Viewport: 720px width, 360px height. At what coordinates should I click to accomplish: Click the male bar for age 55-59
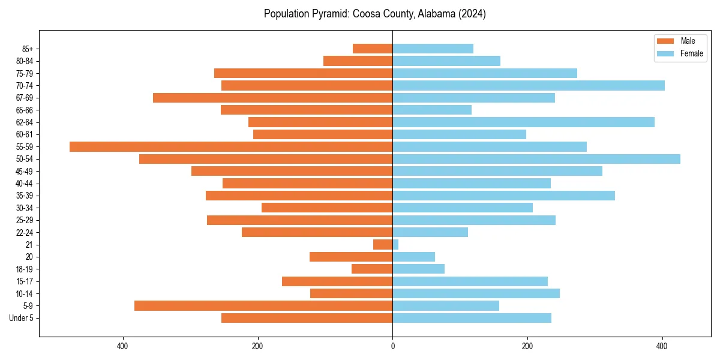click(x=231, y=146)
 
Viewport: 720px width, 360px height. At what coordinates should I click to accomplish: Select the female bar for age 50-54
click(x=536, y=159)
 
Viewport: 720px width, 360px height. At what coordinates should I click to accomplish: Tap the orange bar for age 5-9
click(x=263, y=305)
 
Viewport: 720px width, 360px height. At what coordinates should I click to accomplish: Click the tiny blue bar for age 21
click(x=395, y=244)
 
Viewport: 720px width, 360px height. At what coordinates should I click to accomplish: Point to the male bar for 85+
click(x=373, y=49)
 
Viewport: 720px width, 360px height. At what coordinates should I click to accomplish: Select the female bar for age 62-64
click(x=523, y=122)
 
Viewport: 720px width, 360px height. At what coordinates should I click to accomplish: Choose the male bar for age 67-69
click(x=273, y=98)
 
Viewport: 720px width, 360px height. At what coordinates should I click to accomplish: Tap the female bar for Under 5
click(x=472, y=318)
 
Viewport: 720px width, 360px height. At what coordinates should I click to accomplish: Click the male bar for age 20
click(x=351, y=257)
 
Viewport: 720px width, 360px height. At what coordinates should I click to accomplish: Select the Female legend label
click(x=692, y=53)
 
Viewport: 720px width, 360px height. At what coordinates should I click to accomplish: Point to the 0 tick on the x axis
click(x=392, y=346)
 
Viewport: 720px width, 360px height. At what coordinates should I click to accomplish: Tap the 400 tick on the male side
click(x=123, y=346)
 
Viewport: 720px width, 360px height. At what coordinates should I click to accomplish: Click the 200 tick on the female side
click(x=527, y=346)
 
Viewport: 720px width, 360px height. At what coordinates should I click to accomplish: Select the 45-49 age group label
click(x=24, y=171)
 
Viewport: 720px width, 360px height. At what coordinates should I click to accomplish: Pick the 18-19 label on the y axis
click(x=24, y=269)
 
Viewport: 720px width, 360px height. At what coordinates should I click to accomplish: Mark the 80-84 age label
click(x=24, y=61)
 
